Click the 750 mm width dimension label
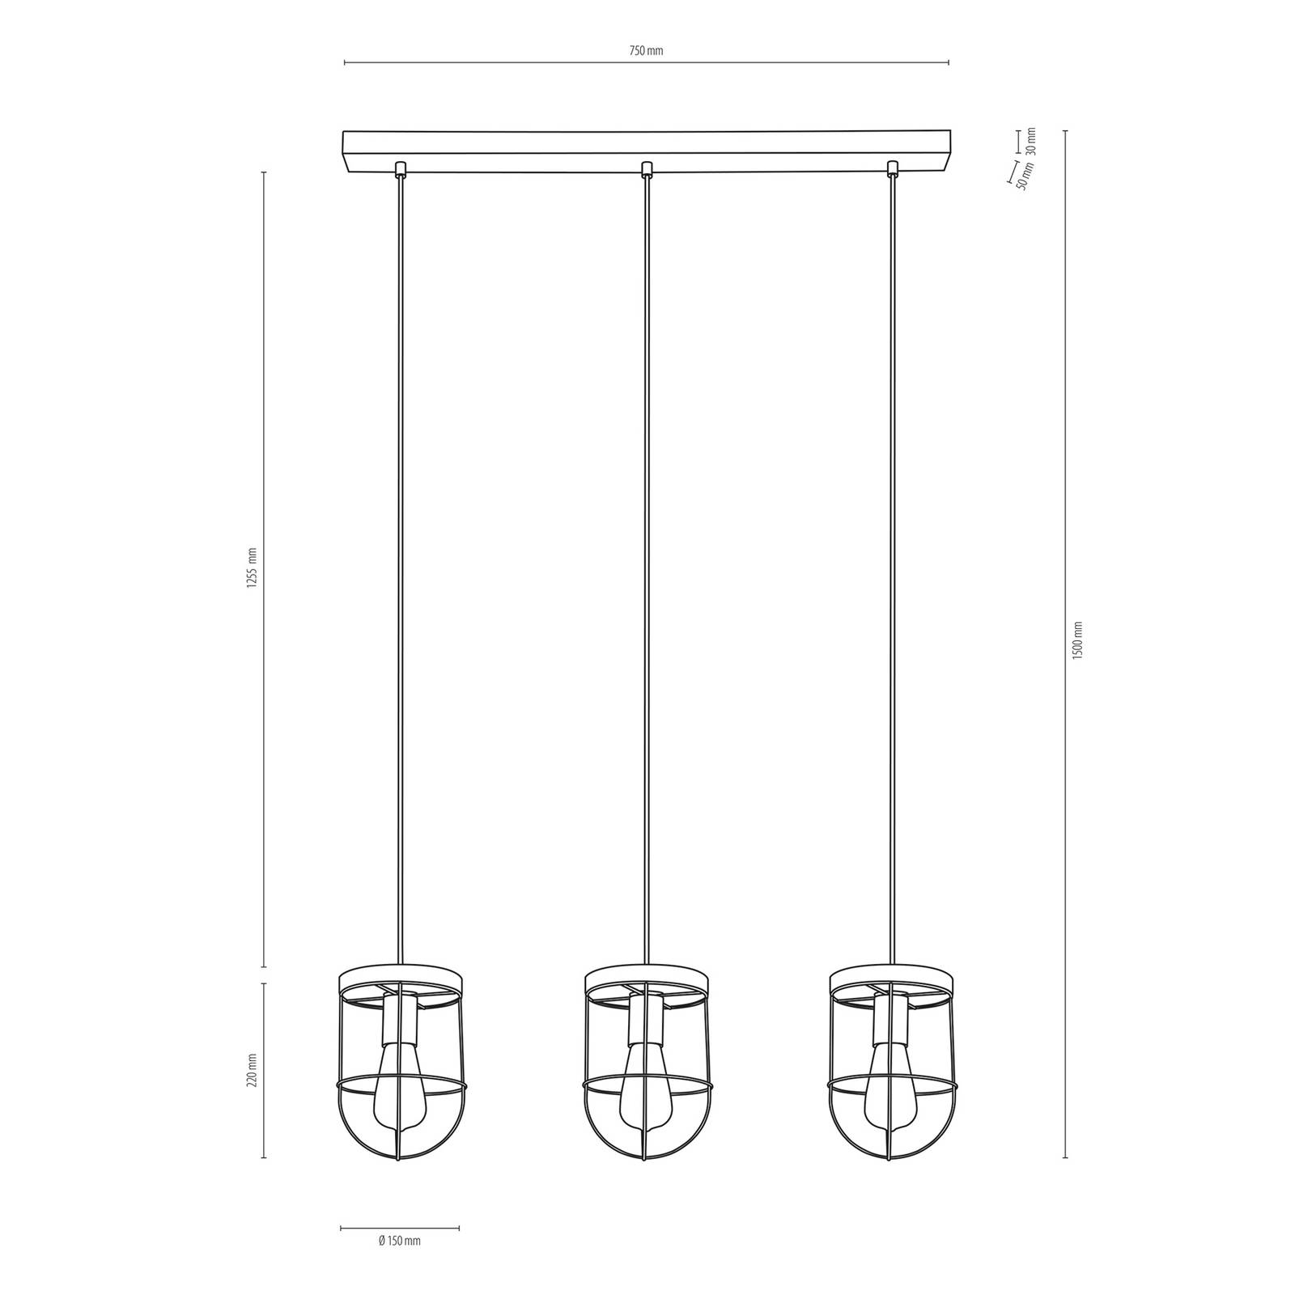point(646,51)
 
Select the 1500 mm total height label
point(1076,640)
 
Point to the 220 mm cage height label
point(252,1069)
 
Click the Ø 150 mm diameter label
point(399,1264)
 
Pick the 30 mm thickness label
point(1030,141)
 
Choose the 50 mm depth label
point(1025,176)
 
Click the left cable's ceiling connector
point(400,169)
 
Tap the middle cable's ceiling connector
point(646,169)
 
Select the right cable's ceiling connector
point(893,169)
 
